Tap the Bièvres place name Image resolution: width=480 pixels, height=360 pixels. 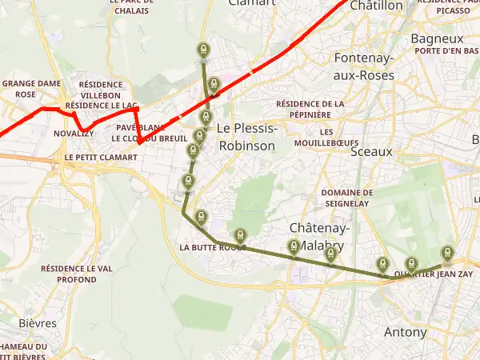pyautogui.click(x=37, y=323)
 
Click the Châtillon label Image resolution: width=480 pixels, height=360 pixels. pyautogui.click(x=377, y=6)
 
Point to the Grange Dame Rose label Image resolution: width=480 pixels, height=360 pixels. pyautogui.click(x=31, y=88)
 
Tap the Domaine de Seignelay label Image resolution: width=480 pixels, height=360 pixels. pyautogui.click(x=346, y=198)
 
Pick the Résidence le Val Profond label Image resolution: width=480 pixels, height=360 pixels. pyautogui.click(x=76, y=274)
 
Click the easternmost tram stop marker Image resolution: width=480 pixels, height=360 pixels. pyautogui.click(x=446, y=251)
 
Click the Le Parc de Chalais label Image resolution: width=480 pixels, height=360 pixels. pyautogui.click(x=131, y=6)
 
